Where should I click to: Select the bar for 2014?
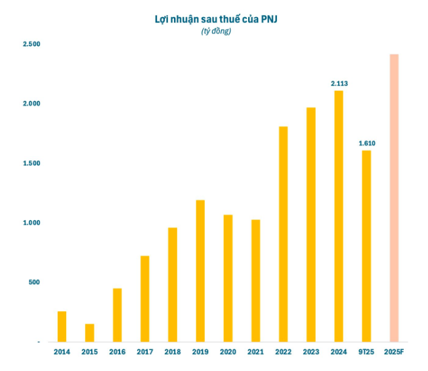[62, 326]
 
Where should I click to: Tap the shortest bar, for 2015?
[89, 333]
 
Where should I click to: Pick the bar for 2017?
[145, 299]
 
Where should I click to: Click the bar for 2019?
[200, 271]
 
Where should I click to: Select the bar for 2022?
[283, 234]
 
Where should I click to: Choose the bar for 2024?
[339, 216]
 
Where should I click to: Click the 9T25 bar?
[366, 246]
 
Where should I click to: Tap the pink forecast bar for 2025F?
[394, 198]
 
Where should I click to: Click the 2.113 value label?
[339, 83]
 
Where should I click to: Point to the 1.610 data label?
[366, 143]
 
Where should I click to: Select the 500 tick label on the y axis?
[33, 282]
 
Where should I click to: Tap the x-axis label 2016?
[117, 352]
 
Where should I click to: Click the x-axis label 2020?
[228, 352]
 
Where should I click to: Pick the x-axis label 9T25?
[366, 352]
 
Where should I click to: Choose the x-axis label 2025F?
[394, 352]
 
